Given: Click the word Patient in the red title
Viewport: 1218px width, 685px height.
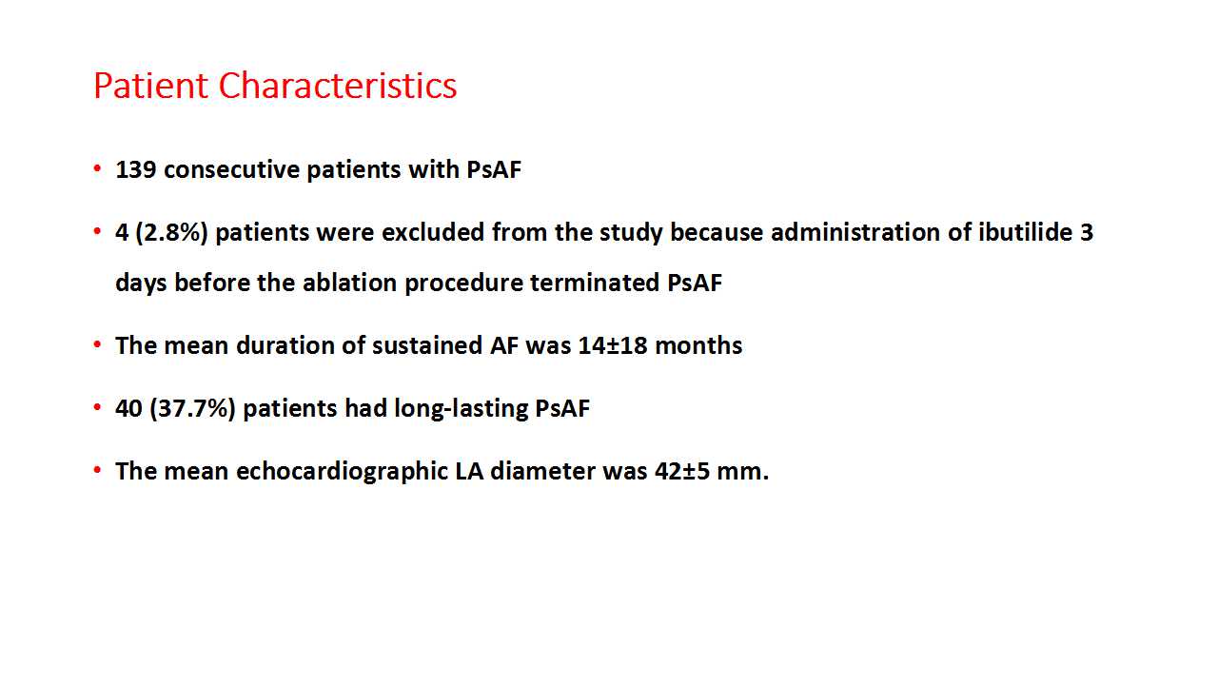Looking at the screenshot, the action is (150, 86).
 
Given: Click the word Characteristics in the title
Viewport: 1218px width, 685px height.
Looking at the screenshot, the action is (338, 86).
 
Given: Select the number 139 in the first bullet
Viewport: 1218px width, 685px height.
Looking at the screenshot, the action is (136, 169).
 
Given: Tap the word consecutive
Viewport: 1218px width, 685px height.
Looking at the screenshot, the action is (231, 169).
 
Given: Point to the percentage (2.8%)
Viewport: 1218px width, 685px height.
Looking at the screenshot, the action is (172, 233).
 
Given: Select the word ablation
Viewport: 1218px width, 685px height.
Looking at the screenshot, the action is (349, 283).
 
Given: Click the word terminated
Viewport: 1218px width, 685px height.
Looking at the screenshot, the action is (595, 283).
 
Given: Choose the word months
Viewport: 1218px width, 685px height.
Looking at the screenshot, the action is (698, 345).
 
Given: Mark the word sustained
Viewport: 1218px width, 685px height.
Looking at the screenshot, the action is (427, 345).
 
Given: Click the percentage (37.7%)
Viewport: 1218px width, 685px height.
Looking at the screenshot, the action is (192, 408).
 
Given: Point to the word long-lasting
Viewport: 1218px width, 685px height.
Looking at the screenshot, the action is (461, 409).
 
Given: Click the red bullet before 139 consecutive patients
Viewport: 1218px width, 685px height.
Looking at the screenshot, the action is (97, 168).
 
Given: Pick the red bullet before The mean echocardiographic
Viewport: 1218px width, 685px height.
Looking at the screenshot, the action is (97, 470).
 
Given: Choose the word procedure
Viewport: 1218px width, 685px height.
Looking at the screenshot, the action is (463, 284).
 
